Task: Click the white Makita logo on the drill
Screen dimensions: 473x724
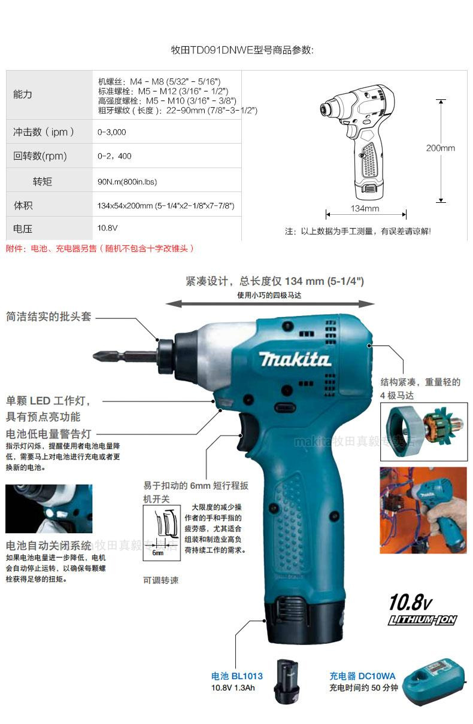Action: coord(295,359)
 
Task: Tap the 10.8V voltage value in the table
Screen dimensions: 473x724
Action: coord(107,228)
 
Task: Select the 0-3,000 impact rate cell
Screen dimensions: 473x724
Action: coord(111,132)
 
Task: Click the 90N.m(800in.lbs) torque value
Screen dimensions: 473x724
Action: coord(127,182)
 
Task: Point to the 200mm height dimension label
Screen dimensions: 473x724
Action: coord(440,148)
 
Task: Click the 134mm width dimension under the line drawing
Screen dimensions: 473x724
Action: coord(365,208)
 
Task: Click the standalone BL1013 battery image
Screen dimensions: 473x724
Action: coord(287,681)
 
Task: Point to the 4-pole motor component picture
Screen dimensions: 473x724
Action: coord(424,431)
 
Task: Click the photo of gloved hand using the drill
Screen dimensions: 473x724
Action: coord(423,510)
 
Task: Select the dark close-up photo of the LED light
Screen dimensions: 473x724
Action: coord(49,509)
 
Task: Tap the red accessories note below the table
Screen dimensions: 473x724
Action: coord(99,248)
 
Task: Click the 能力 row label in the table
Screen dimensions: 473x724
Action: coord(23,95)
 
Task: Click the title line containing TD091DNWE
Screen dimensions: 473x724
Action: coord(242,50)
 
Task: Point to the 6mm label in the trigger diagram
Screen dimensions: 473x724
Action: coord(158,553)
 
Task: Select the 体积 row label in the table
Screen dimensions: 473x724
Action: coord(23,205)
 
